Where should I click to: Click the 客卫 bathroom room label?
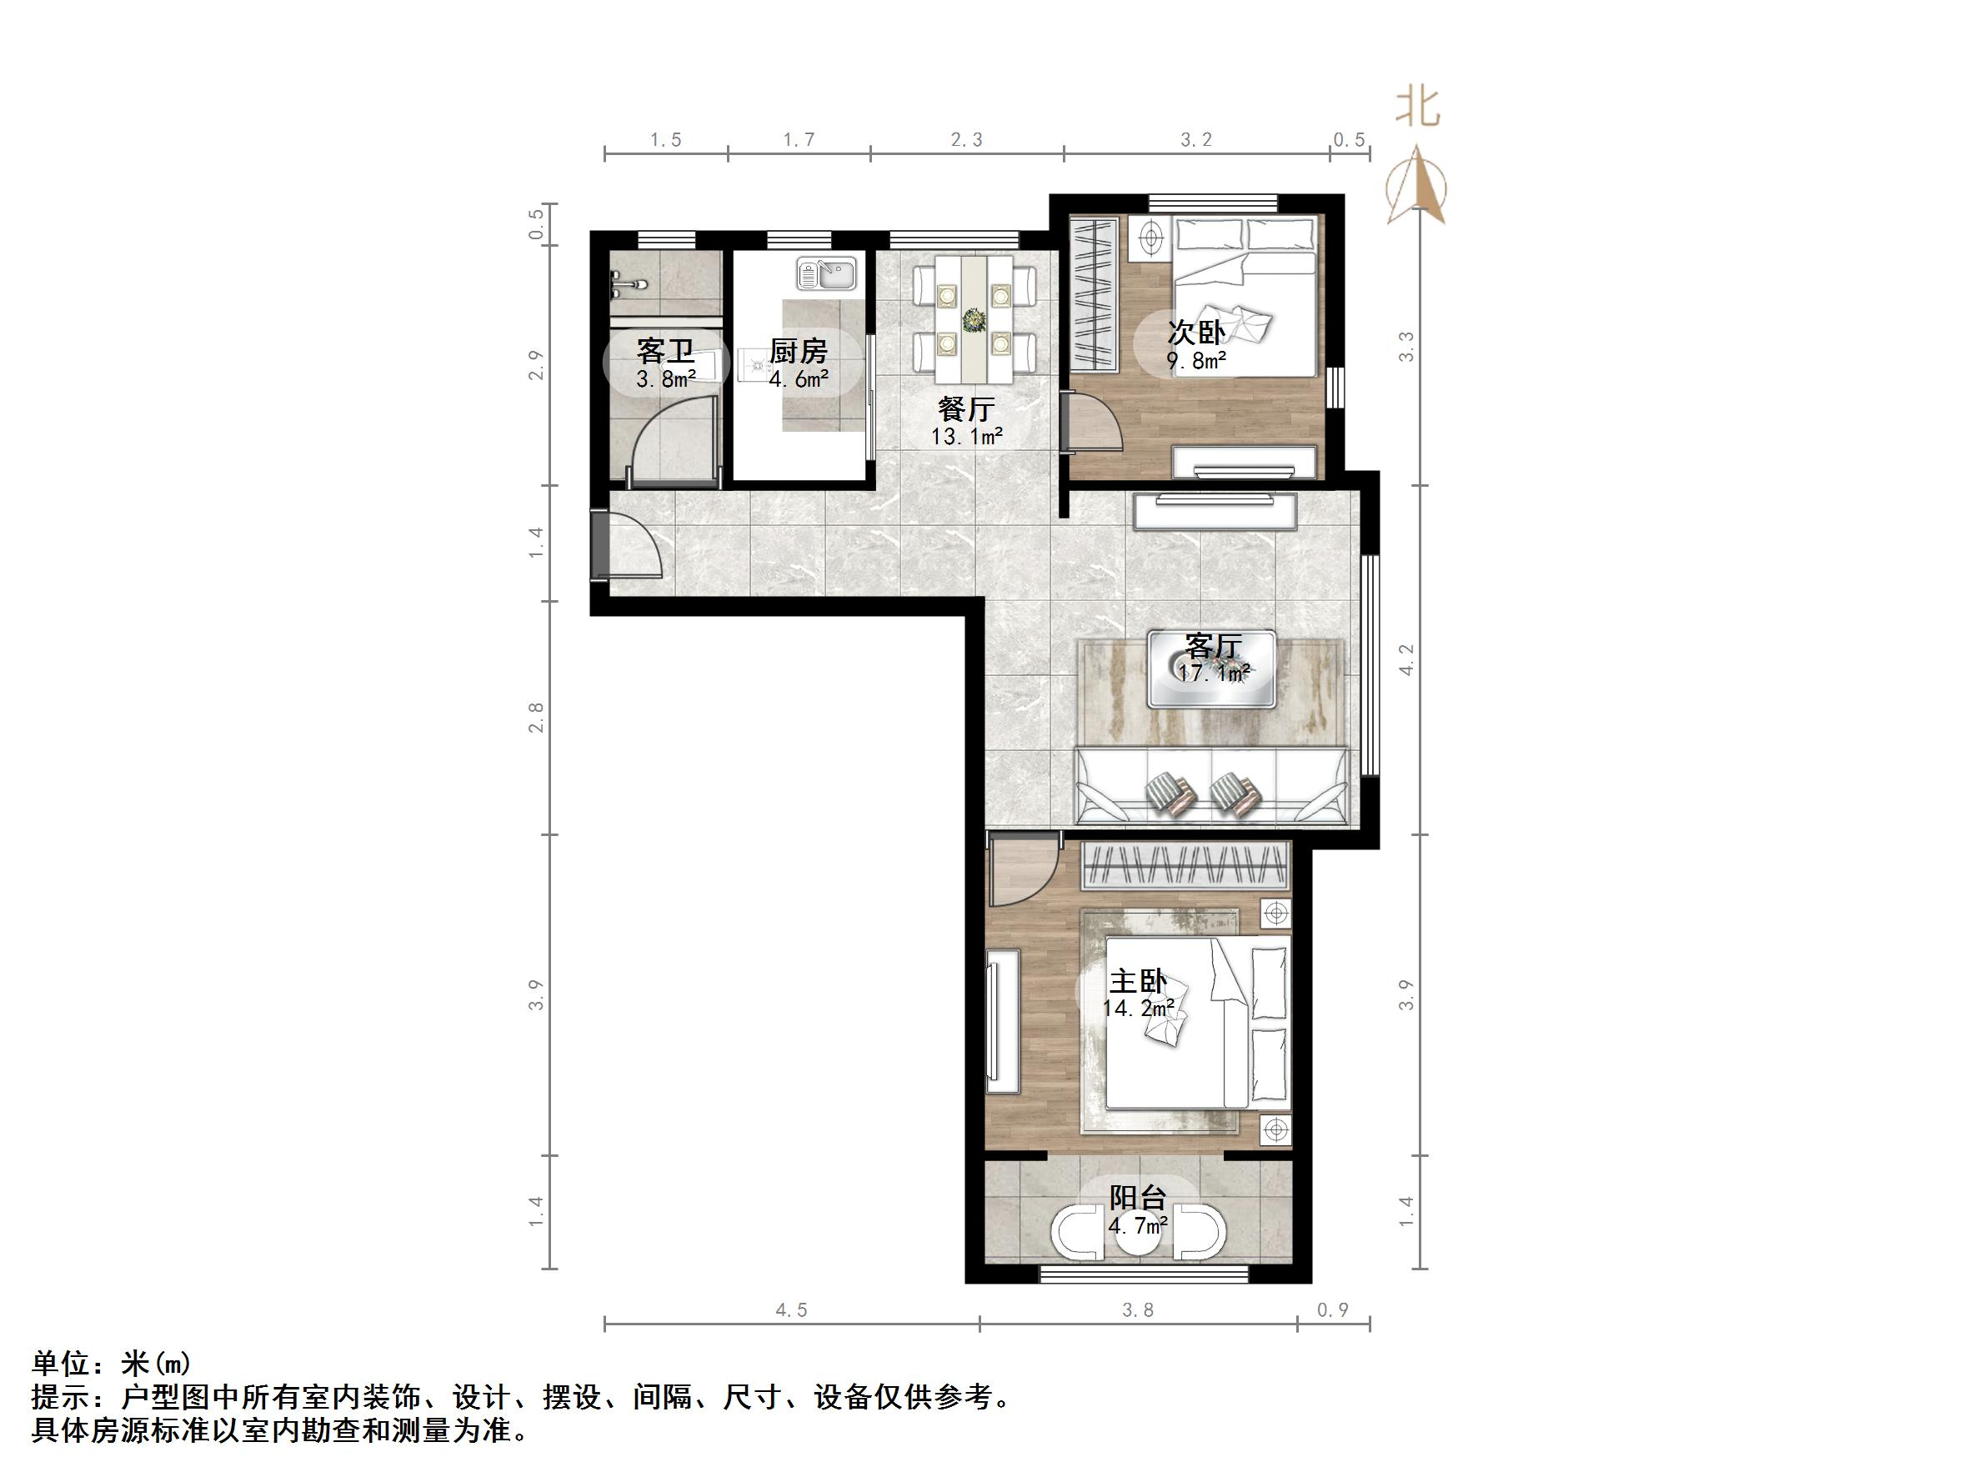point(665,351)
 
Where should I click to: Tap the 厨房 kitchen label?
point(798,351)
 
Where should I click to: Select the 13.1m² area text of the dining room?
point(966,436)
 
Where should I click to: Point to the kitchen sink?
point(827,273)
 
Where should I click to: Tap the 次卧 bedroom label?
point(1195,332)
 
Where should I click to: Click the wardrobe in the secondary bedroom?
point(1094,293)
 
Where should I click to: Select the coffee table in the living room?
point(1210,668)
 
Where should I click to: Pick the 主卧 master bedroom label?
point(1137,981)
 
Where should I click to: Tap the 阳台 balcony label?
point(1137,1197)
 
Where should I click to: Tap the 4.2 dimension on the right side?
point(1405,659)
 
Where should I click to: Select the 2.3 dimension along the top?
point(966,140)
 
